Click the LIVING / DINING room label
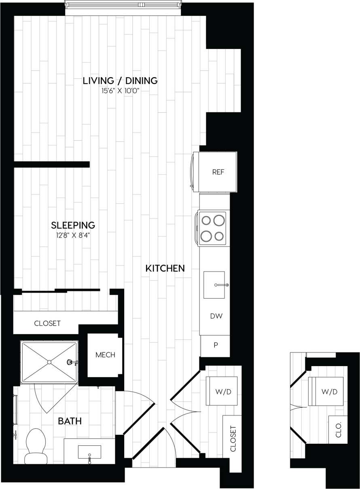[x=120, y=80]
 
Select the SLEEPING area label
[x=73, y=225]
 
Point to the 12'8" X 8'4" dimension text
[x=73, y=234]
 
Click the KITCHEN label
[x=165, y=268]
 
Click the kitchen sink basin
[x=215, y=285]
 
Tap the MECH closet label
[x=105, y=355]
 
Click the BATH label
[x=70, y=421]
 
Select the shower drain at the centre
[x=49, y=362]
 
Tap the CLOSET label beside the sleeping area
[x=47, y=323]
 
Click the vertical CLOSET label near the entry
[x=233, y=438]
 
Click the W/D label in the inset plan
[x=329, y=392]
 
